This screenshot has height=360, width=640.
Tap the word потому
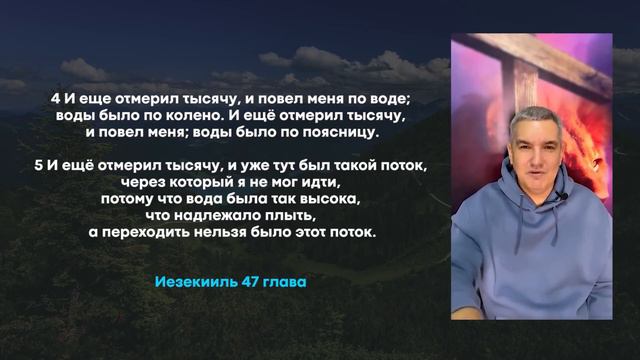point(126,198)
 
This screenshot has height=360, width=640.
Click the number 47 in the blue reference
point(250,282)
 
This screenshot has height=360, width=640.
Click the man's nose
point(528,161)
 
